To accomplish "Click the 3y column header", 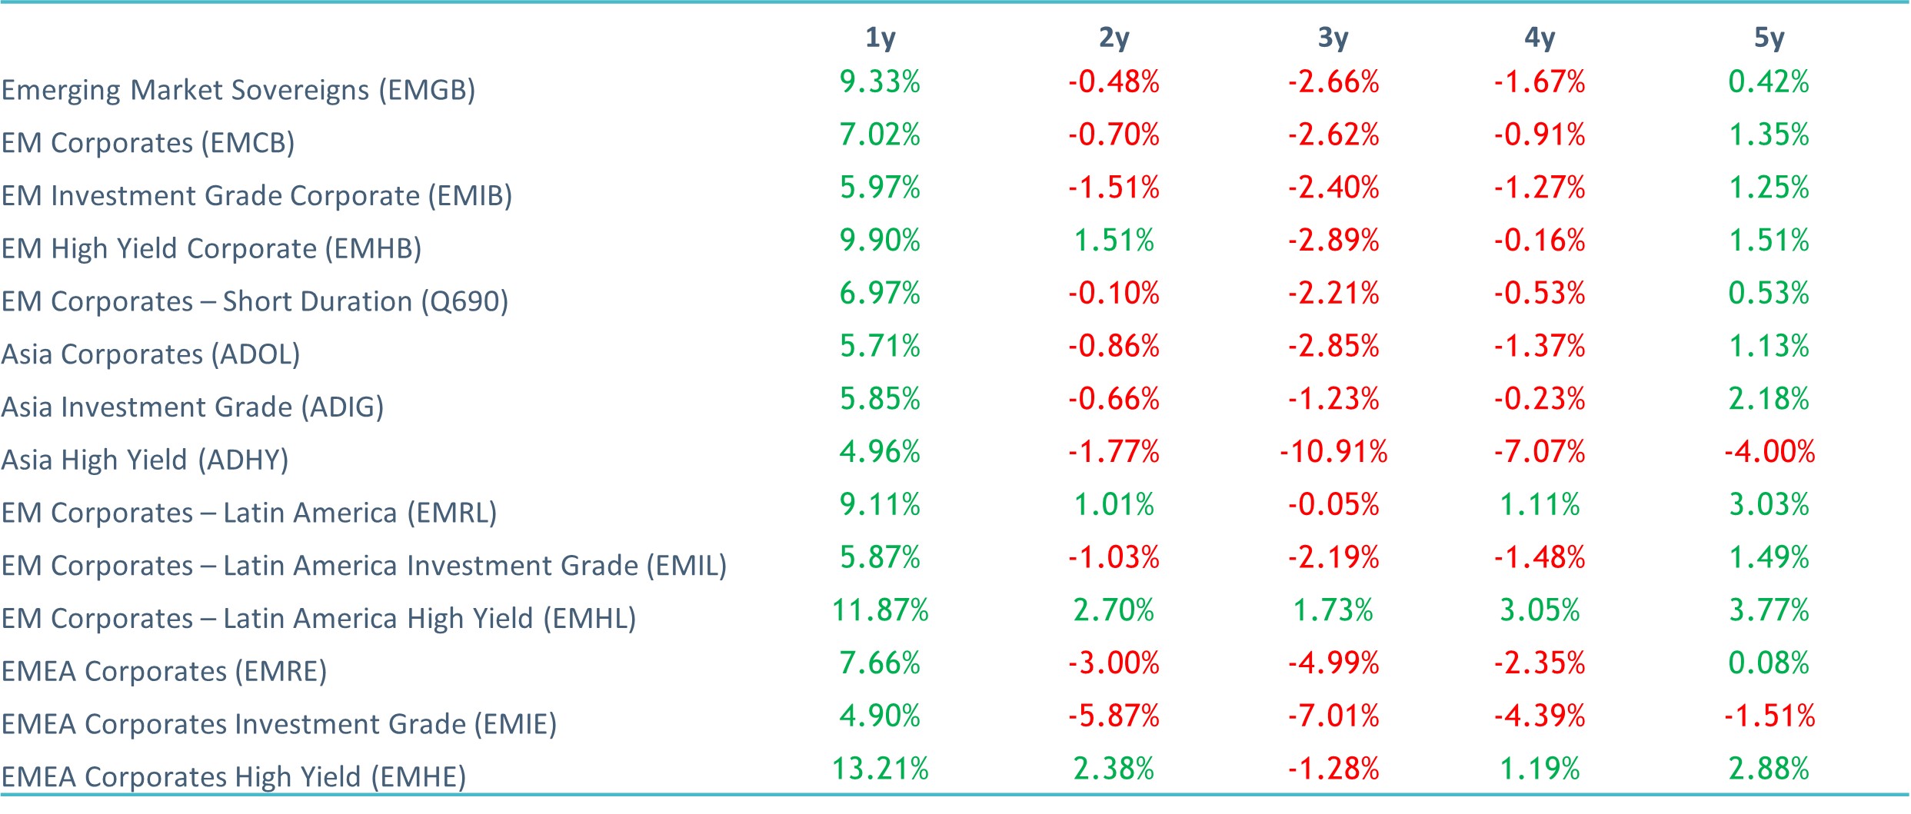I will pos(1333,38).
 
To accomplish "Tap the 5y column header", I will pos(1769,38).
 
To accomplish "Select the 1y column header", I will pos(880,38).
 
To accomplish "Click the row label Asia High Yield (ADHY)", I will pos(145,460).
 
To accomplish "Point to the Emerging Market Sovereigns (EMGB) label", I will pos(238,90).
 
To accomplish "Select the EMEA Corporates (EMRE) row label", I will pos(164,671).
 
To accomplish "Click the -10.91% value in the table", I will pos(1333,451).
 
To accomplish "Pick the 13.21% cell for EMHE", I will pos(880,769).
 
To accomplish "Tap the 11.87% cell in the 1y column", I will pos(880,610).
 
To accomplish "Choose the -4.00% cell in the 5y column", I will pos(1769,451).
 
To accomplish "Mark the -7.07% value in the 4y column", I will pos(1539,451).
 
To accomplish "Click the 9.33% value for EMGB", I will pos(880,81).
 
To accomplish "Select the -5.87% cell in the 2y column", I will pos(1114,716).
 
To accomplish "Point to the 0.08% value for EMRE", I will pos(1769,663).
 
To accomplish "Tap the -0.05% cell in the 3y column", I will pos(1333,504).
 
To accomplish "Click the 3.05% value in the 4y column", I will pos(1539,610).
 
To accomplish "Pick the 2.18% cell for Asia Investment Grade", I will pos(1769,398).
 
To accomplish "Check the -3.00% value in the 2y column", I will pos(1114,663).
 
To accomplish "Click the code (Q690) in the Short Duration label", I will pos(464,301).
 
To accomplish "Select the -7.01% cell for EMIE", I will pos(1333,716).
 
